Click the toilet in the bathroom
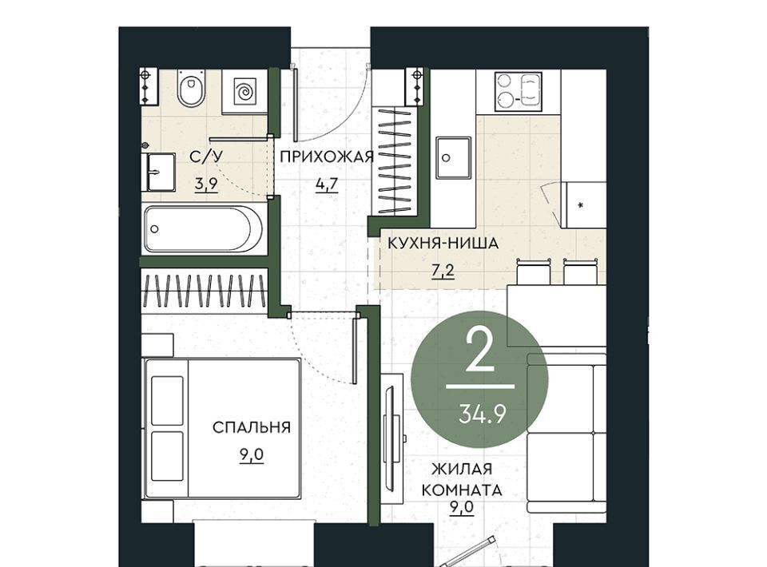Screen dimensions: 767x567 191,88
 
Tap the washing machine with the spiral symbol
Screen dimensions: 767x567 244,91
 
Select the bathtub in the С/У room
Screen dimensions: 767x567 204,228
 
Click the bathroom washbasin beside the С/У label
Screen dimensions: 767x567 159,172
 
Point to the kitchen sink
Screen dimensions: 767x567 454,158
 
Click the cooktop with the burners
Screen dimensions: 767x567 519,91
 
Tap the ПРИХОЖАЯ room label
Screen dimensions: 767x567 327,157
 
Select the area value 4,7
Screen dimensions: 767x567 327,184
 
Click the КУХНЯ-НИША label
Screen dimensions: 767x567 443,243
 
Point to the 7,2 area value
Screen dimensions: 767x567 443,270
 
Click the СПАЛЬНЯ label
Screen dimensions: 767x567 252,427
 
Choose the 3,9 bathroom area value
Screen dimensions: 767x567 206,184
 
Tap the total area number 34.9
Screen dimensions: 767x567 483,414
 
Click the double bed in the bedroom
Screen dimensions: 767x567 221,429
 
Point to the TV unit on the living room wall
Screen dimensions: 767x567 391,437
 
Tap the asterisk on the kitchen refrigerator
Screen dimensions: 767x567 581,204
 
